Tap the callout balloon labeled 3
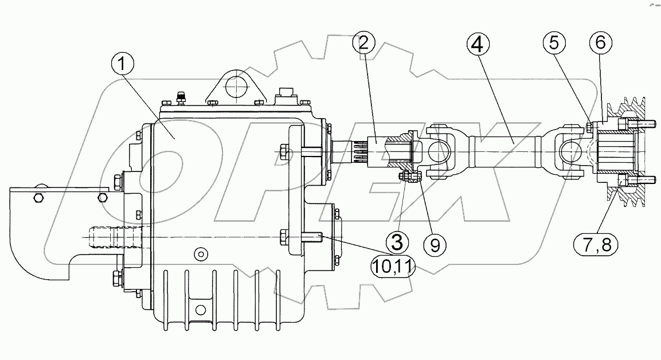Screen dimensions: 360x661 (397, 241)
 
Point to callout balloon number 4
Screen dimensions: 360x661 (479, 44)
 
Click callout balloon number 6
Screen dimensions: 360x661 (600, 44)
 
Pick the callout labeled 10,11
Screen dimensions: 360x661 (394, 267)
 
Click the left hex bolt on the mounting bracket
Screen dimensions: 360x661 (38, 198)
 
